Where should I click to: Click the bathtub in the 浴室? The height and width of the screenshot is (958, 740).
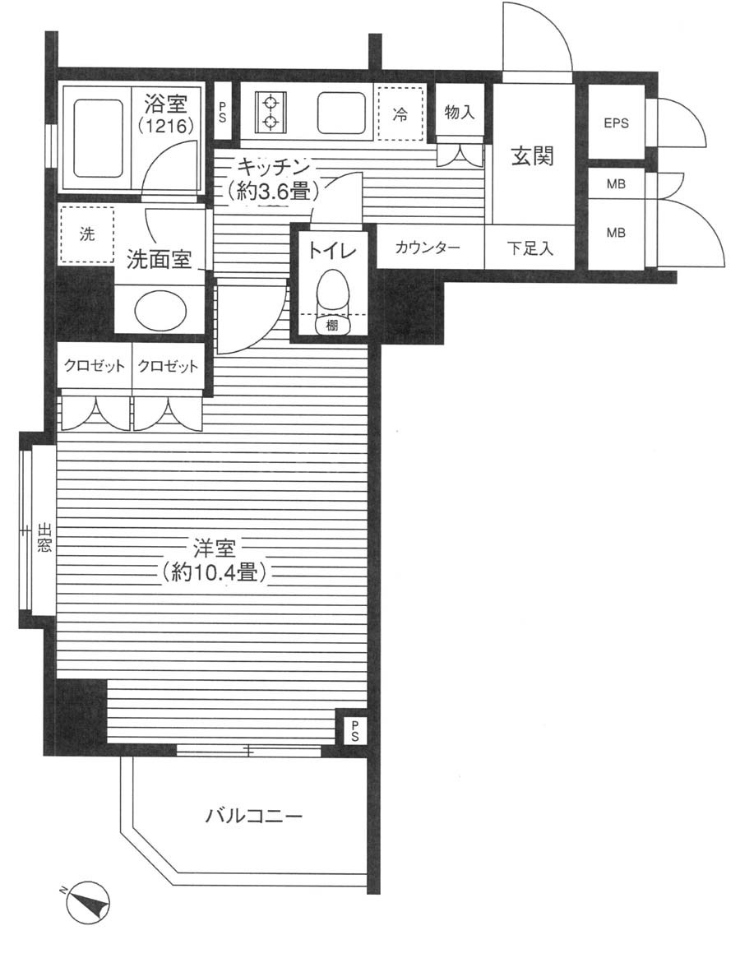point(99,138)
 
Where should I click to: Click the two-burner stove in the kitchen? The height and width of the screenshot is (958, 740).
point(271,112)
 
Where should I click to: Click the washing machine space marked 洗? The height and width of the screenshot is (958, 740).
point(87,234)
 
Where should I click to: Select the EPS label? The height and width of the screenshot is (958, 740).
point(616,123)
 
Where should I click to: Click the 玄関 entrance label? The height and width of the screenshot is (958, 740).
point(532,157)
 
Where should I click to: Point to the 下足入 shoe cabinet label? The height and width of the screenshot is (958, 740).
point(530,248)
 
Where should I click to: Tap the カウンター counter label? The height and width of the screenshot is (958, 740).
point(428,248)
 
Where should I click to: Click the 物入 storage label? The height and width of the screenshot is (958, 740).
point(459,112)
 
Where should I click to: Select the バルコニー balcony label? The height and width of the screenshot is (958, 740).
point(253,816)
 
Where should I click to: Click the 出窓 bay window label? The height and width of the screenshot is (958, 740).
point(44,537)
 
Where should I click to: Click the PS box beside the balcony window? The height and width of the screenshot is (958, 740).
point(354,729)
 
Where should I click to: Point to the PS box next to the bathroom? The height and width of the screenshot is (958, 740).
point(223,113)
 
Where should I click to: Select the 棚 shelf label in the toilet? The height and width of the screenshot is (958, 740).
point(331,326)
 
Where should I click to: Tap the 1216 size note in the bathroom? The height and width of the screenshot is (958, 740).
point(165,127)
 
